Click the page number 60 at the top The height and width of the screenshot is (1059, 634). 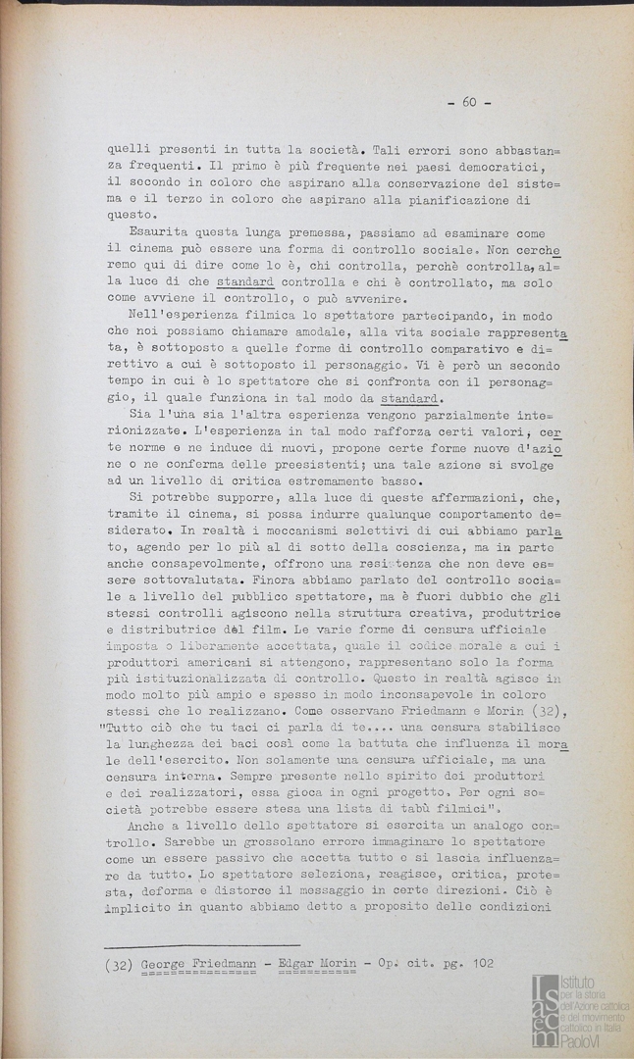(x=469, y=102)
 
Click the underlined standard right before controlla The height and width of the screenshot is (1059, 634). (x=244, y=281)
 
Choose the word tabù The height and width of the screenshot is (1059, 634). (x=389, y=811)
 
